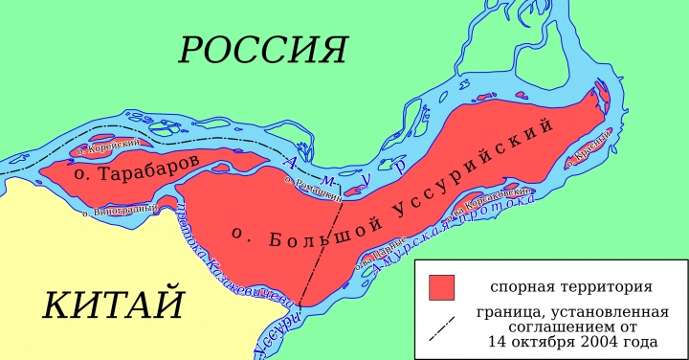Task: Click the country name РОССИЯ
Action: click(x=262, y=49)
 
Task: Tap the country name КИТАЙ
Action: click(x=113, y=304)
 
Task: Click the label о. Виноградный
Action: click(x=117, y=209)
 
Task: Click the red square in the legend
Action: click(x=441, y=286)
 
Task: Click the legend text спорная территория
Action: click(x=571, y=286)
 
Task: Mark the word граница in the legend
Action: click(x=505, y=312)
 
